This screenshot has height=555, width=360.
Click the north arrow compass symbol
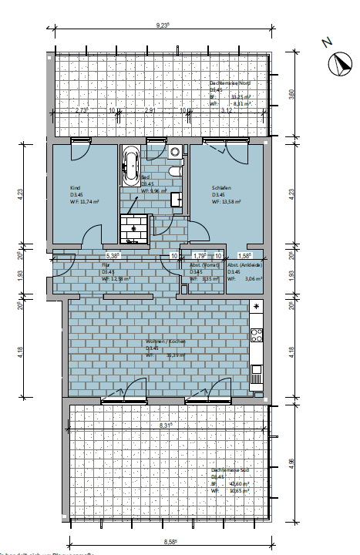[338, 63]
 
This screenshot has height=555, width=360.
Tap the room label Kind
[74, 188]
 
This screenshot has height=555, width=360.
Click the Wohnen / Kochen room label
[163, 341]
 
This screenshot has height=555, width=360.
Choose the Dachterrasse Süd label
[229, 469]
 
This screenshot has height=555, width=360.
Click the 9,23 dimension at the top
[163, 25]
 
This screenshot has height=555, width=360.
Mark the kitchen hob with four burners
[256, 335]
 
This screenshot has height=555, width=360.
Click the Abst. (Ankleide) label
[245, 264]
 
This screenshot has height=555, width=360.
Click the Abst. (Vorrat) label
[202, 264]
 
